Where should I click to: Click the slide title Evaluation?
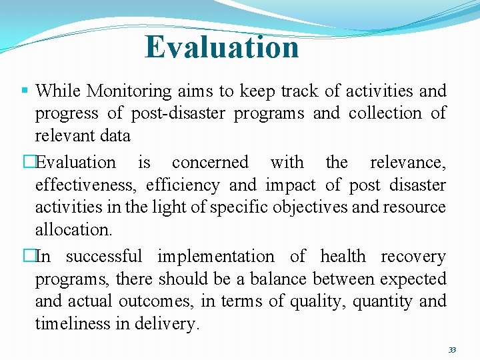[x=222, y=47]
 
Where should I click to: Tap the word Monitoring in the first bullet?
[x=128, y=91]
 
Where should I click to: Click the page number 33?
[x=452, y=350]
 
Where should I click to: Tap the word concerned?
[x=210, y=162]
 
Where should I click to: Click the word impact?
[x=291, y=185]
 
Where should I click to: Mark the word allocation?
[x=73, y=230]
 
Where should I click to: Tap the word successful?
[x=104, y=256]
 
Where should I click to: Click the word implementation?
[x=215, y=256]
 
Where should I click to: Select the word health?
[x=343, y=256]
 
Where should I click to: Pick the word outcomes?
[x=157, y=301]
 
